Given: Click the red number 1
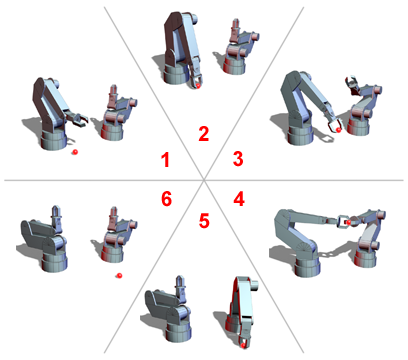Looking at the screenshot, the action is click(x=166, y=159).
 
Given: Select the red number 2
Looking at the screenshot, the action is click(x=204, y=134).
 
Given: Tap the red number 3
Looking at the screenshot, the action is click(x=238, y=159).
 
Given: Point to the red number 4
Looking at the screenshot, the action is click(x=239, y=199).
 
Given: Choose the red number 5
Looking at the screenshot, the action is click(x=204, y=221).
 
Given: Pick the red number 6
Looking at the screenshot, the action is click(x=166, y=199).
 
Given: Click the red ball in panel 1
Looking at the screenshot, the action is click(x=75, y=152).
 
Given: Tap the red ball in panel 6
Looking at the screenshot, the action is click(x=119, y=275).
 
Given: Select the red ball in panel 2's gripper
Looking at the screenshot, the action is click(x=198, y=86).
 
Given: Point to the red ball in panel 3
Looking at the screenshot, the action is click(x=339, y=129).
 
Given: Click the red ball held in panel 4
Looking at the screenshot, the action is click(x=348, y=222).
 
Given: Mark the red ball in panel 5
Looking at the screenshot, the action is click(x=243, y=346).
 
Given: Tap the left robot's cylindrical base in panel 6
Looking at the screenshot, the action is click(x=54, y=261).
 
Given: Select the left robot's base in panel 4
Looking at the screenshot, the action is click(x=307, y=265).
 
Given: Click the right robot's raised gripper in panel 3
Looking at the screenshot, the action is click(x=352, y=84).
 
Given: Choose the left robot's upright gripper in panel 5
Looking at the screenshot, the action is click(x=180, y=287).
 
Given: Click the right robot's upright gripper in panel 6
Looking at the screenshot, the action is click(x=114, y=217).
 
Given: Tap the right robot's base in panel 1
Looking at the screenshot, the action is click(x=112, y=131).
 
